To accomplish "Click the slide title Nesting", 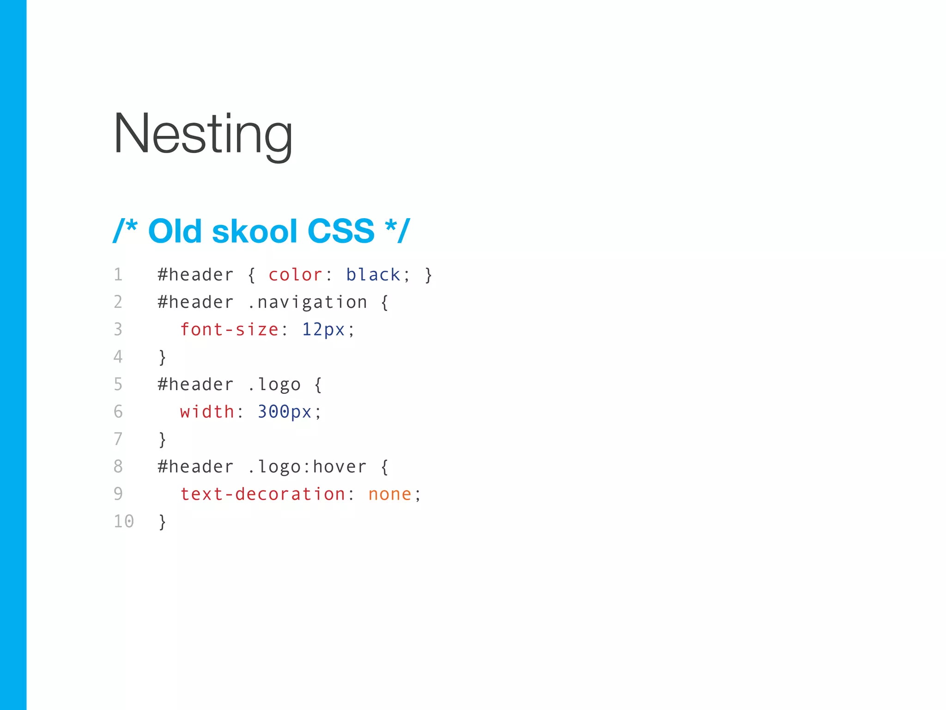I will (203, 134).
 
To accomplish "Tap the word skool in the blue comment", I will (254, 231).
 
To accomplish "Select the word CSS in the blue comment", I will (340, 231).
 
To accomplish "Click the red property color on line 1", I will (295, 275).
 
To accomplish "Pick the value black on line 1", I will (373, 275).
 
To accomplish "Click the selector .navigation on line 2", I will (307, 303).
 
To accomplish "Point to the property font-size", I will (229, 330).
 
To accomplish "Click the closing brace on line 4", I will (162, 357).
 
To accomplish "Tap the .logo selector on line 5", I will (274, 385).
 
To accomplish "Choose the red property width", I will (207, 412).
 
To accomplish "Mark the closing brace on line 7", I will (162, 440).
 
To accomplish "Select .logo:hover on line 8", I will (307, 467).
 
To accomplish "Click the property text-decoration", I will (262, 494).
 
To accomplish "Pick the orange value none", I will (389, 494).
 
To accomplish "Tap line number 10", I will (124, 521).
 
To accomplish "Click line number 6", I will (118, 412).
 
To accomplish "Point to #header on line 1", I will (195, 275).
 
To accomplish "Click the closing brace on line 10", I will (162, 522).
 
